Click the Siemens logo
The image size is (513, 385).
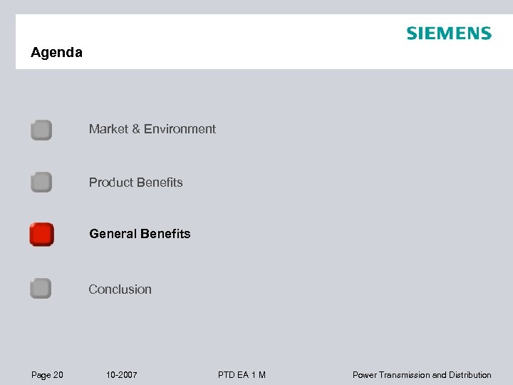tap(449, 34)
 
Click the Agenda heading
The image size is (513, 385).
tap(56, 53)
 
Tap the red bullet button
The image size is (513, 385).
tap(41, 234)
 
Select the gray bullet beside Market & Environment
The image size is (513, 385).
tap(41, 130)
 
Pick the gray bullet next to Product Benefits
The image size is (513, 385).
tap(41, 183)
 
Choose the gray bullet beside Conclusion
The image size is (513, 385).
tap(41, 289)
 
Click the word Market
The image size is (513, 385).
tap(109, 129)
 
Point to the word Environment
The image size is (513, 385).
tap(180, 129)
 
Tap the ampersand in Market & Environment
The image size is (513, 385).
tap(136, 129)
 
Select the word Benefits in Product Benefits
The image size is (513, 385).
tap(160, 183)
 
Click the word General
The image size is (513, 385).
tap(113, 234)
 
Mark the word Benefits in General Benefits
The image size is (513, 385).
tap(166, 234)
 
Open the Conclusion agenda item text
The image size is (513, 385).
tap(120, 289)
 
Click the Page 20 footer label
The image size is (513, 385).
tap(47, 375)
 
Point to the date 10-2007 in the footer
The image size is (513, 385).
tap(121, 375)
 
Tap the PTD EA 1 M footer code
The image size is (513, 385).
tap(242, 375)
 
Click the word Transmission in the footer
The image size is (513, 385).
tap(404, 375)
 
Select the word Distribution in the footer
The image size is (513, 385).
tap(469, 375)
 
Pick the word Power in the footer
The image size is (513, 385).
tap(365, 375)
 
